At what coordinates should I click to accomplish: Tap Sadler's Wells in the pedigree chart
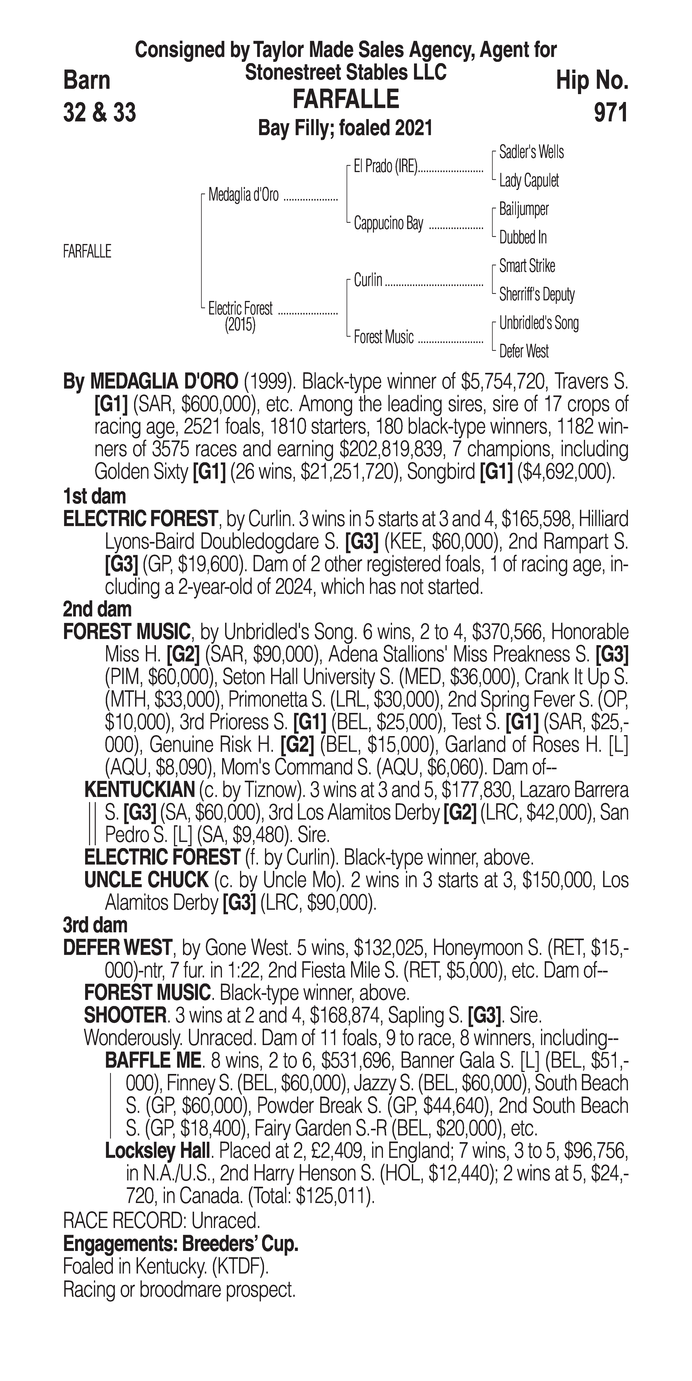point(531,152)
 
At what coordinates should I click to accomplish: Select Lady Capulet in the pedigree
point(528,181)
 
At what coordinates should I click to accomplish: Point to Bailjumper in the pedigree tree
point(524,209)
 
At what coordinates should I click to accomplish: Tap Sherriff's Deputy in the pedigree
point(536,294)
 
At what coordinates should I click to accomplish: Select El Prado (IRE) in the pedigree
point(385,167)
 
